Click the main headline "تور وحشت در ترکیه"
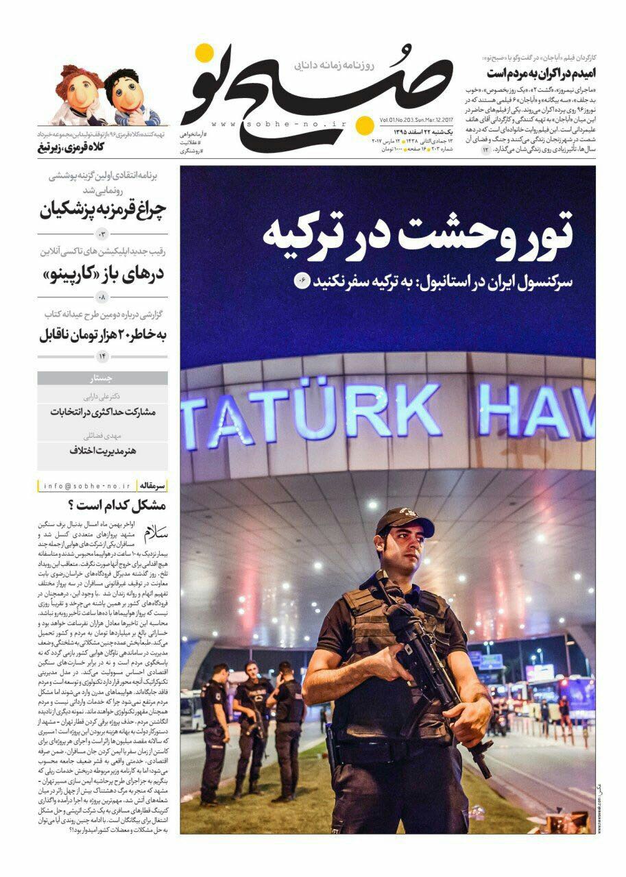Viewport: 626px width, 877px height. pos(418,231)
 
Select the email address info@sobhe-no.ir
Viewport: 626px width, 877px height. pos(86,486)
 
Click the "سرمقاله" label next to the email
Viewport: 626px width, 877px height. pos(152,486)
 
